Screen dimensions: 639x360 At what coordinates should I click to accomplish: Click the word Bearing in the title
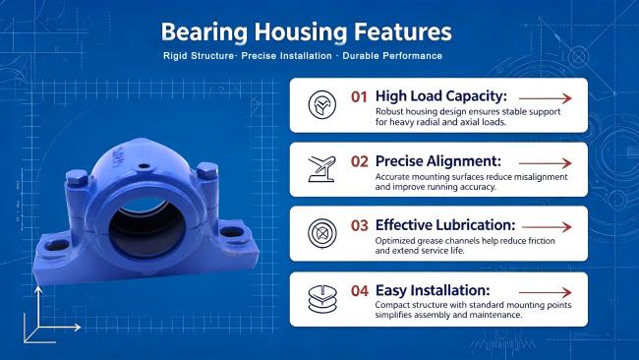204,32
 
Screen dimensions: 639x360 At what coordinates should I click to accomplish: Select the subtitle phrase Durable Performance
392,56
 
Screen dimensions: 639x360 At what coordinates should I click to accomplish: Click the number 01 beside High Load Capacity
359,97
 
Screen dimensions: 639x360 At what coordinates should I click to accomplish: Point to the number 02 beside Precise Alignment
360,161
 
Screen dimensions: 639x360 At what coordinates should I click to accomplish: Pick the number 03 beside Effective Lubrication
360,225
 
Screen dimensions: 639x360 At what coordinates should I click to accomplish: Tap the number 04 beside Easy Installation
360,291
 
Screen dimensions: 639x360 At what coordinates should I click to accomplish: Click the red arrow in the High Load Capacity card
546,98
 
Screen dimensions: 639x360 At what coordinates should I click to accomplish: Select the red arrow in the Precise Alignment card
546,163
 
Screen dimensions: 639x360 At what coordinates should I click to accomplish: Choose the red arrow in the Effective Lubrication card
547,227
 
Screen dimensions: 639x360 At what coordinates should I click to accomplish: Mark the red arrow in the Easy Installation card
546,292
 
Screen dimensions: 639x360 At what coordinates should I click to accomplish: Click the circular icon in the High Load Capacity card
321,105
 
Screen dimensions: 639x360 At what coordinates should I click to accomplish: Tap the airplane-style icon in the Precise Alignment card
321,169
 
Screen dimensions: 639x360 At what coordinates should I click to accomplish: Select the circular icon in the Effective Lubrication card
321,234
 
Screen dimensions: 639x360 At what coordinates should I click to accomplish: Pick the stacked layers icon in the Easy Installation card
322,299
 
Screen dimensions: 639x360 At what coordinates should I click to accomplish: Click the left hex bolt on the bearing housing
77,177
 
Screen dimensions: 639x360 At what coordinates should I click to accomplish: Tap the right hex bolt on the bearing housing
207,170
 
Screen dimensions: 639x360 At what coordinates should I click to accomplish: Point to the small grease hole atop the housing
144,166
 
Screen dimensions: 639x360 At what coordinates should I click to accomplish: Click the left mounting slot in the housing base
57,245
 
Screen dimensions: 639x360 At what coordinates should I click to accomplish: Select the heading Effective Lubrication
445,225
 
